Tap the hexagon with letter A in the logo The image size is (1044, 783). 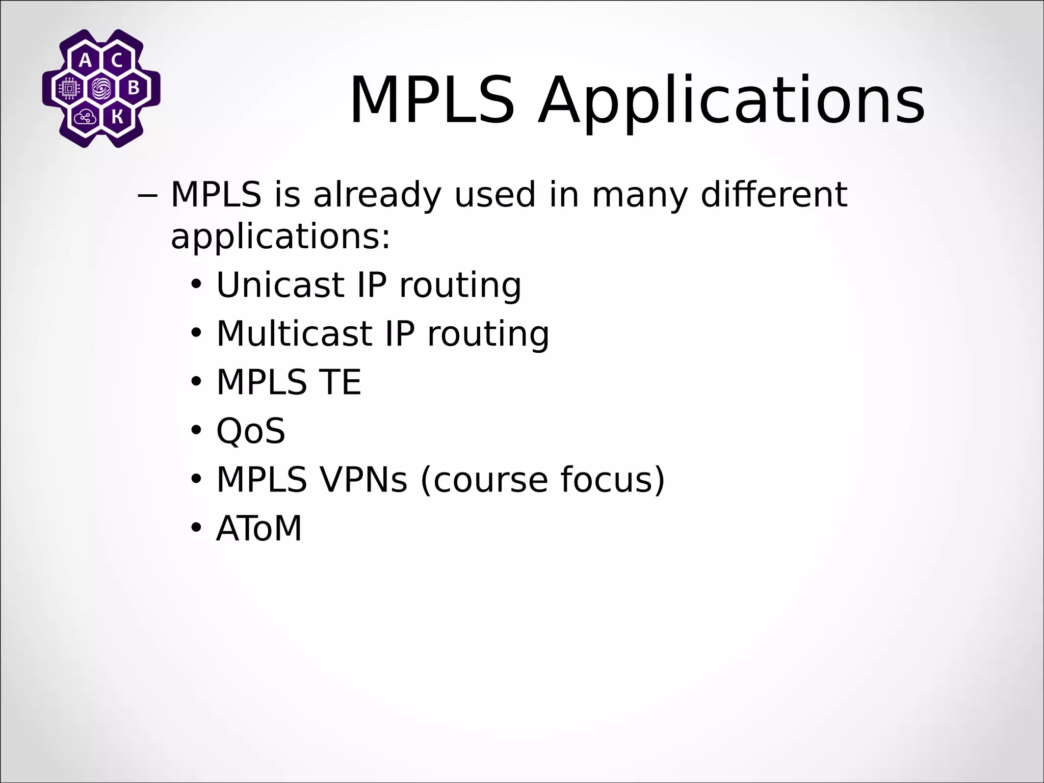point(86,61)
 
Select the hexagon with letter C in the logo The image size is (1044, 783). point(117,61)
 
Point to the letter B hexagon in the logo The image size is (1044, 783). point(134,89)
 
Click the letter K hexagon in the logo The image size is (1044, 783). point(117,117)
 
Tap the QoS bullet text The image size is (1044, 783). point(251,431)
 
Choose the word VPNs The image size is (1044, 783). point(363,480)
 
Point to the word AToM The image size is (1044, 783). point(259,529)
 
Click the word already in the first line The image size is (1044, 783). point(377,195)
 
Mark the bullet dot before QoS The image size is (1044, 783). point(196,431)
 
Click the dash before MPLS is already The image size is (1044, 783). point(148,195)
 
